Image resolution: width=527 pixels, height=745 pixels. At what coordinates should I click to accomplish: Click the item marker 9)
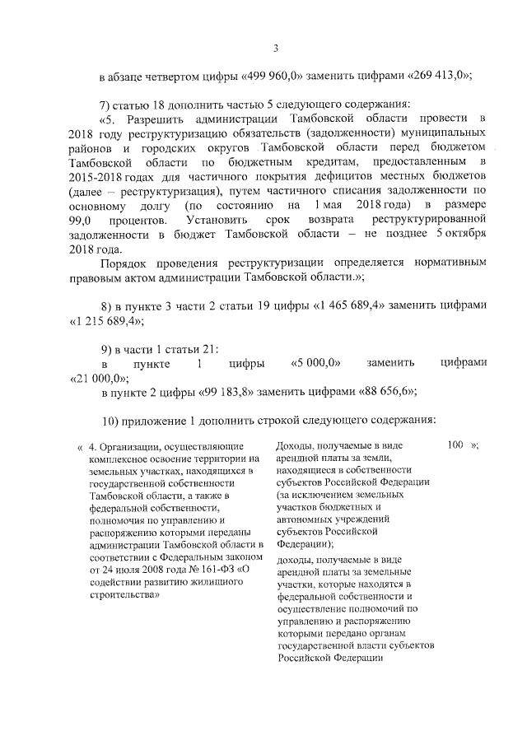click(x=105, y=347)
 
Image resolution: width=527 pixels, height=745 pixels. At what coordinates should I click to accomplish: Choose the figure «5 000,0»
click(x=317, y=362)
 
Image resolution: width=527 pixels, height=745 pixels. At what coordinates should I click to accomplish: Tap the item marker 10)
click(x=108, y=421)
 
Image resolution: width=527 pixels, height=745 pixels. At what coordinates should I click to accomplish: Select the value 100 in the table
click(x=456, y=445)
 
